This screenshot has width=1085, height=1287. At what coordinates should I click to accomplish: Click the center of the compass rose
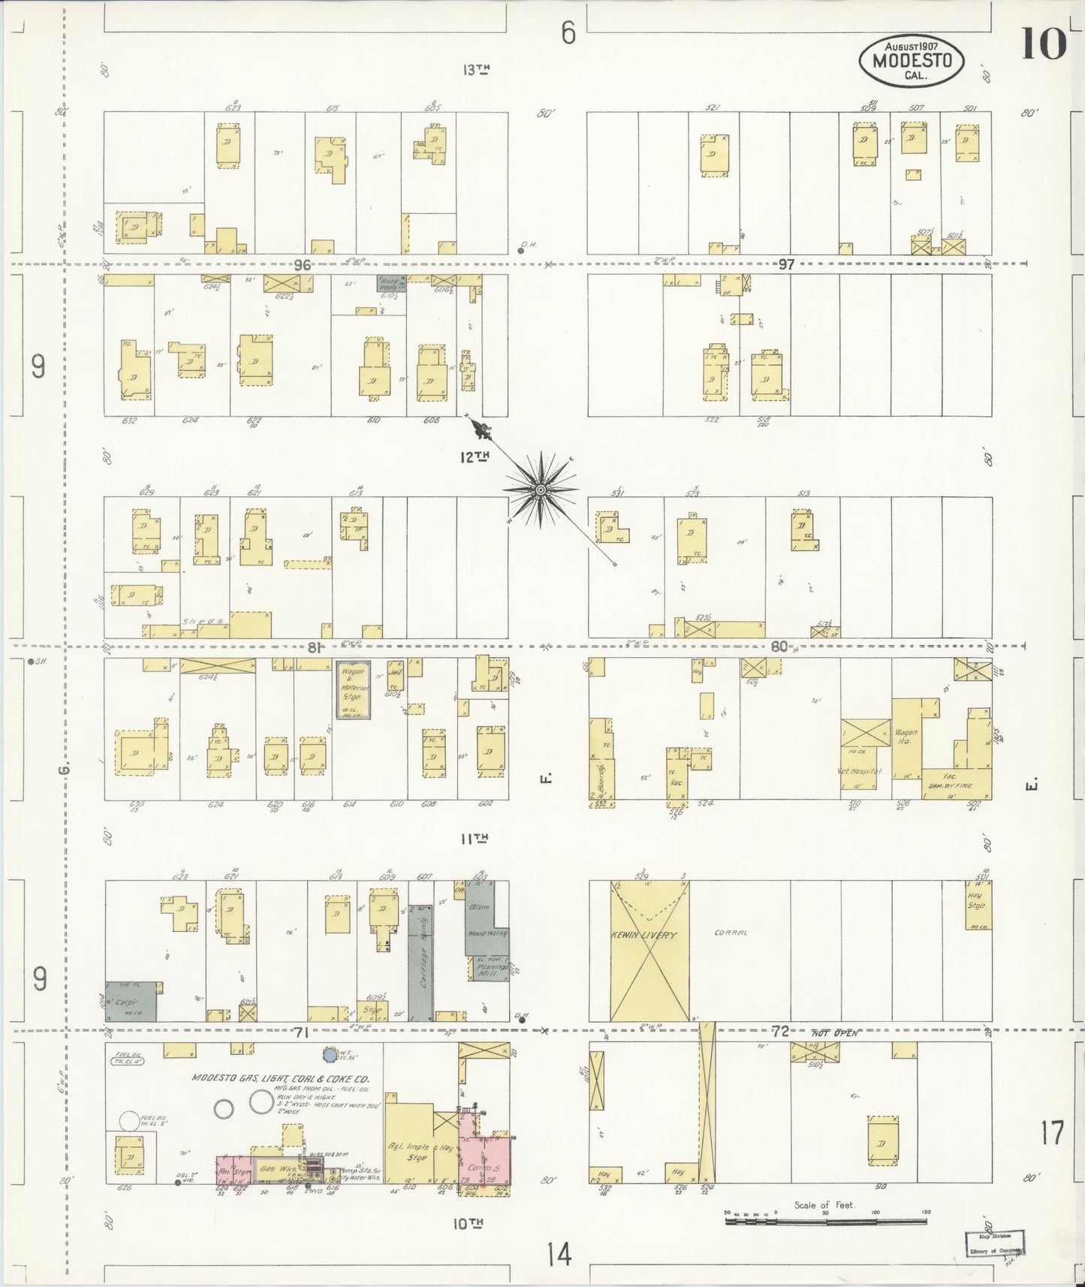540,490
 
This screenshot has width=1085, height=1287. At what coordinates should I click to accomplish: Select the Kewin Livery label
649,936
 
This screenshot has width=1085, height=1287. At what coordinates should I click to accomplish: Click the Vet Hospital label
858,771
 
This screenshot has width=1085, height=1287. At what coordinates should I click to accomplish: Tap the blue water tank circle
329,1055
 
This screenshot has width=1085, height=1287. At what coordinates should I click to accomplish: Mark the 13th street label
477,70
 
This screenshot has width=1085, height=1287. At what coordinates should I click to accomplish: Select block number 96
303,264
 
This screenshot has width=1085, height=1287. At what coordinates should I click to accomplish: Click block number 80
779,646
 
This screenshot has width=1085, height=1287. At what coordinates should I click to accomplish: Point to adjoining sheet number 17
1052,1132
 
